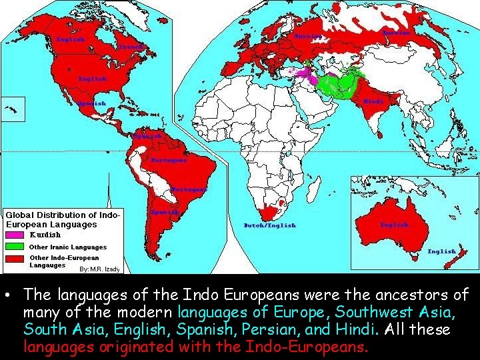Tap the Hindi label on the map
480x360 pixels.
tap(373, 101)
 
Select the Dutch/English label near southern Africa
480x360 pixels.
tap(269, 225)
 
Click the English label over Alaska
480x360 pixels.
tap(70, 40)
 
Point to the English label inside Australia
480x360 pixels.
tap(394, 225)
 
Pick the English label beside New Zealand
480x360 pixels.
tap(441, 251)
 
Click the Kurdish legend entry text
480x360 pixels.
tap(45, 235)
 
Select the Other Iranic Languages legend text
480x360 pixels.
tap(68, 247)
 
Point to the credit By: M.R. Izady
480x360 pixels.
tap(99, 269)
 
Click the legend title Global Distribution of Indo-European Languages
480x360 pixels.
tap(63, 220)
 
